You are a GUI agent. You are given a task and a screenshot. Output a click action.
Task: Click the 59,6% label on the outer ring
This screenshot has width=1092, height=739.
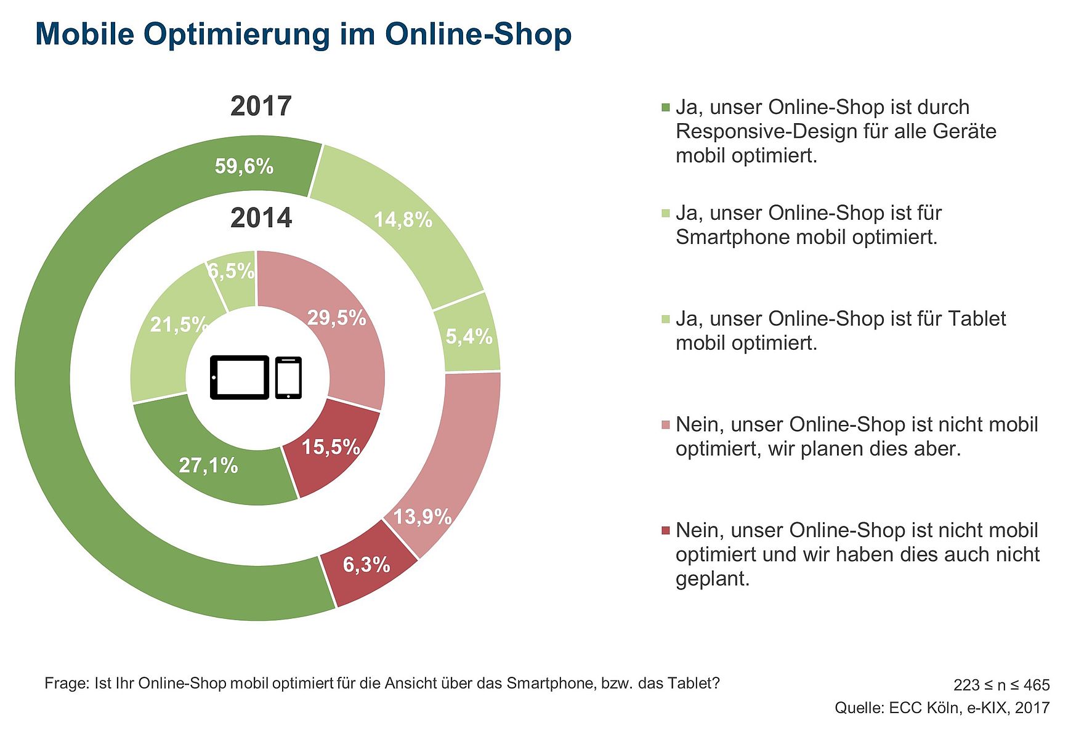(x=244, y=166)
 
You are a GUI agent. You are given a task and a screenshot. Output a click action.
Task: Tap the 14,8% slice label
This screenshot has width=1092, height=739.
(x=403, y=220)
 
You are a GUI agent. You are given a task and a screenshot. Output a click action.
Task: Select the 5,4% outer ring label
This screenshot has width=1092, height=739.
(x=469, y=336)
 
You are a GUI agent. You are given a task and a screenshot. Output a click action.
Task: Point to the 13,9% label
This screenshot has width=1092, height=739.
(x=423, y=516)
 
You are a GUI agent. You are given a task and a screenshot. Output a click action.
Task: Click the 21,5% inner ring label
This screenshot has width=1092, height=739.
(x=179, y=324)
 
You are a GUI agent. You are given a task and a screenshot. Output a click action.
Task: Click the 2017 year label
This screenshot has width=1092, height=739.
(x=261, y=107)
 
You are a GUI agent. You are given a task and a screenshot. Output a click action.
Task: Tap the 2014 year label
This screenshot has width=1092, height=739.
(x=261, y=219)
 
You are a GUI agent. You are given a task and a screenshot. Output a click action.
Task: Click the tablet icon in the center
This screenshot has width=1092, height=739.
(x=239, y=378)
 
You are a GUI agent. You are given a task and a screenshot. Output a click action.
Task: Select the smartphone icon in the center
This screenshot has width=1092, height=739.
(x=288, y=378)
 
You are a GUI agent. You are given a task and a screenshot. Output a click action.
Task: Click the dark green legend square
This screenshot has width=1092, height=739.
(x=665, y=108)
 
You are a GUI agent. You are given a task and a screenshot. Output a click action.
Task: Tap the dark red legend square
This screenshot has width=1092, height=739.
(x=665, y=531)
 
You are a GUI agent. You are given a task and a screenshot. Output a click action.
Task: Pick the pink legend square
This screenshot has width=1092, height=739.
(x=665, y=425)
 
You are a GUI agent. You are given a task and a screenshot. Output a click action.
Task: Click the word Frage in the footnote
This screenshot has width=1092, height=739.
(x=67, y=684)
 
